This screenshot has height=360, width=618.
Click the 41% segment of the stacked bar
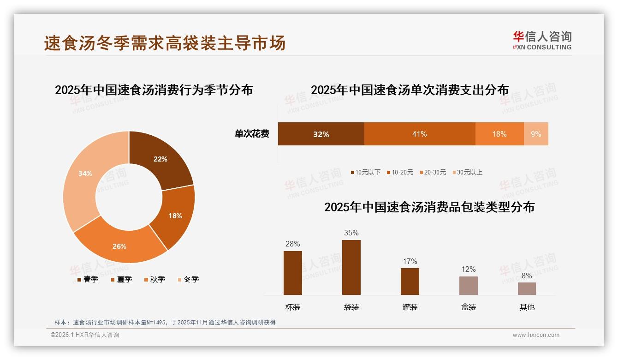[420, 134]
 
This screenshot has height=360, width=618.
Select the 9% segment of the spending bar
[536, 134]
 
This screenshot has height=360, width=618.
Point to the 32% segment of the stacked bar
[321, 134]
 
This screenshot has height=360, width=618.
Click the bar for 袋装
[351, 267]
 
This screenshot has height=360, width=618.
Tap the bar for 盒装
[469, 285]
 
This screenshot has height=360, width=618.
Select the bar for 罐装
[410, 281]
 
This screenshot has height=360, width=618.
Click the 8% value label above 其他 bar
[527, 276]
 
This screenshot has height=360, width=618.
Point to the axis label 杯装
[293, 307]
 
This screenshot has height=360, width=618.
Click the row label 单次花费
[252, 134]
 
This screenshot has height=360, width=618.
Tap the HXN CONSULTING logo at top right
[542, 41]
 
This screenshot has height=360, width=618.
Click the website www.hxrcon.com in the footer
[536, 335]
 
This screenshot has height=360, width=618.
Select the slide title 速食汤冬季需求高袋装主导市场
[165, 42]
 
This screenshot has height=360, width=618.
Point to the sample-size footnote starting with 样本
[165, 322]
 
